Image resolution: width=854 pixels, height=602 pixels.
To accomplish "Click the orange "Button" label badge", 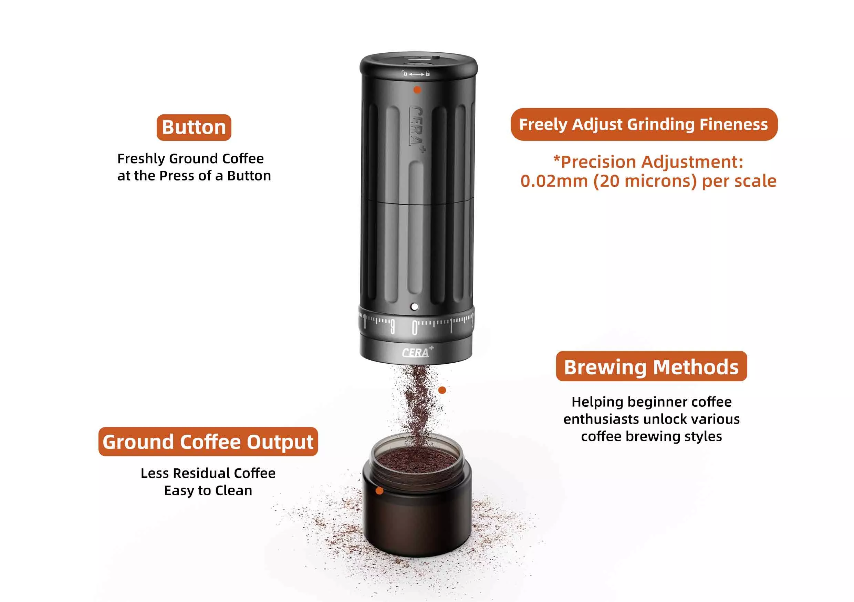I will point(194,128).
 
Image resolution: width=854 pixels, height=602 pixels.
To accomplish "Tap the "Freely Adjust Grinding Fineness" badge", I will point(644,124).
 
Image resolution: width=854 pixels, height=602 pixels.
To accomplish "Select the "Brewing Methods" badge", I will point(651,366).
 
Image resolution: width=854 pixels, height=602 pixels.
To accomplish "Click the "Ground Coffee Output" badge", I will point(208,442).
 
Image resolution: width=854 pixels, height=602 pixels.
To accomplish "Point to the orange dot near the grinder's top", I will point(417,90).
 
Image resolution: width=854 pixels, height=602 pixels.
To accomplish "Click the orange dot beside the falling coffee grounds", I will point(442,390).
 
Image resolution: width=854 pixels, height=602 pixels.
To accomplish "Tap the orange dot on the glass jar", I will point(379,491).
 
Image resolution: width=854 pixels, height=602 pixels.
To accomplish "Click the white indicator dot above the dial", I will point(414,307).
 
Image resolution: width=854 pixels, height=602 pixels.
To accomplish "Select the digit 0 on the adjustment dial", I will point(415,328).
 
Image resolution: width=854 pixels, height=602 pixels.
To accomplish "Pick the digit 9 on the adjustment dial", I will point(393,327).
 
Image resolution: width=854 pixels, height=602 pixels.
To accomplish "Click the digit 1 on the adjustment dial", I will point(451,326).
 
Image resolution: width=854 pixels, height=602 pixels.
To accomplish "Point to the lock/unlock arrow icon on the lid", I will point(416,74).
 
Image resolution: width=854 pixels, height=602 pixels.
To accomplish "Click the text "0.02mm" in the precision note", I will point(554,181).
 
